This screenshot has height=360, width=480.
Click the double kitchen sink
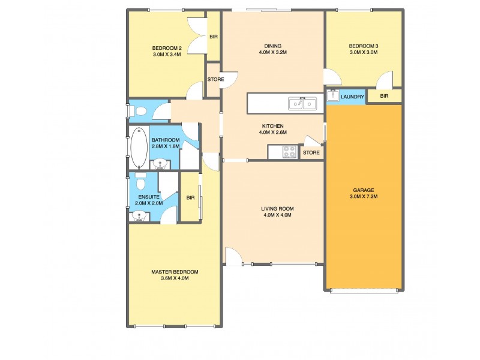303,104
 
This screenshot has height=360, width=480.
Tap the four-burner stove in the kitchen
289,152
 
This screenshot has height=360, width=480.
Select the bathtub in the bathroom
138,148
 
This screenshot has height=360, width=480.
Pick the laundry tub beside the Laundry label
333,96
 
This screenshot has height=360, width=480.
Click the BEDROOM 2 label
167,48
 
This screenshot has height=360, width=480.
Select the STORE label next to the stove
311,153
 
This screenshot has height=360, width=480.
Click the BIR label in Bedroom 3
384,96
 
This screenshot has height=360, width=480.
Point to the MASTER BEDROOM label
175,271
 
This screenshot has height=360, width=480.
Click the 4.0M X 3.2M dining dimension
273,52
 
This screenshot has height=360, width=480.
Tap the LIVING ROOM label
277,208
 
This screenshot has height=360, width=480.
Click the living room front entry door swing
233,256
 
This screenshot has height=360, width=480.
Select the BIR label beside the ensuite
190,197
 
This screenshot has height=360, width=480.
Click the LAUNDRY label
352,96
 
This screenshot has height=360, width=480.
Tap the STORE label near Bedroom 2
215,79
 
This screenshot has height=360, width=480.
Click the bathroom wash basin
160,163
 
